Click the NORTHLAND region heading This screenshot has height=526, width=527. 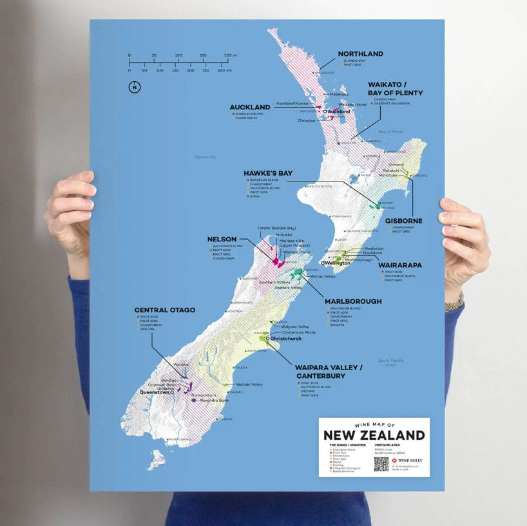[x=360, y=54]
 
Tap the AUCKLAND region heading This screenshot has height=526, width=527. [x=250, y=107]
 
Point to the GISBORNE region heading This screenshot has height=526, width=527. [x=404, y=221]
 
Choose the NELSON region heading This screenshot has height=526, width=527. [x=222, y=239]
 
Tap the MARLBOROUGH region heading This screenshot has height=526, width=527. [x=353, y=301]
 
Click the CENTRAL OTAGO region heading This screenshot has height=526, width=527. [x=164, y=310]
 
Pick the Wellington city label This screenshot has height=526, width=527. [x=338, y=263]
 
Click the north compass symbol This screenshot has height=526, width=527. [x=135, y=88]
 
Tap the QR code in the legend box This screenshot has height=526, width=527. [x=381, y=464]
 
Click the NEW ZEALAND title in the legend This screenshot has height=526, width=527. [x=374, y=435]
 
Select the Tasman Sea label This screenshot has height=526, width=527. [x=207, y=157]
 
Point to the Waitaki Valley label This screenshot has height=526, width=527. [x=249, y=384]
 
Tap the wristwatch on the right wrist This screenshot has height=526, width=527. [x=455, y=301]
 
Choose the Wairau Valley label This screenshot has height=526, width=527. [x=323, y=276]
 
